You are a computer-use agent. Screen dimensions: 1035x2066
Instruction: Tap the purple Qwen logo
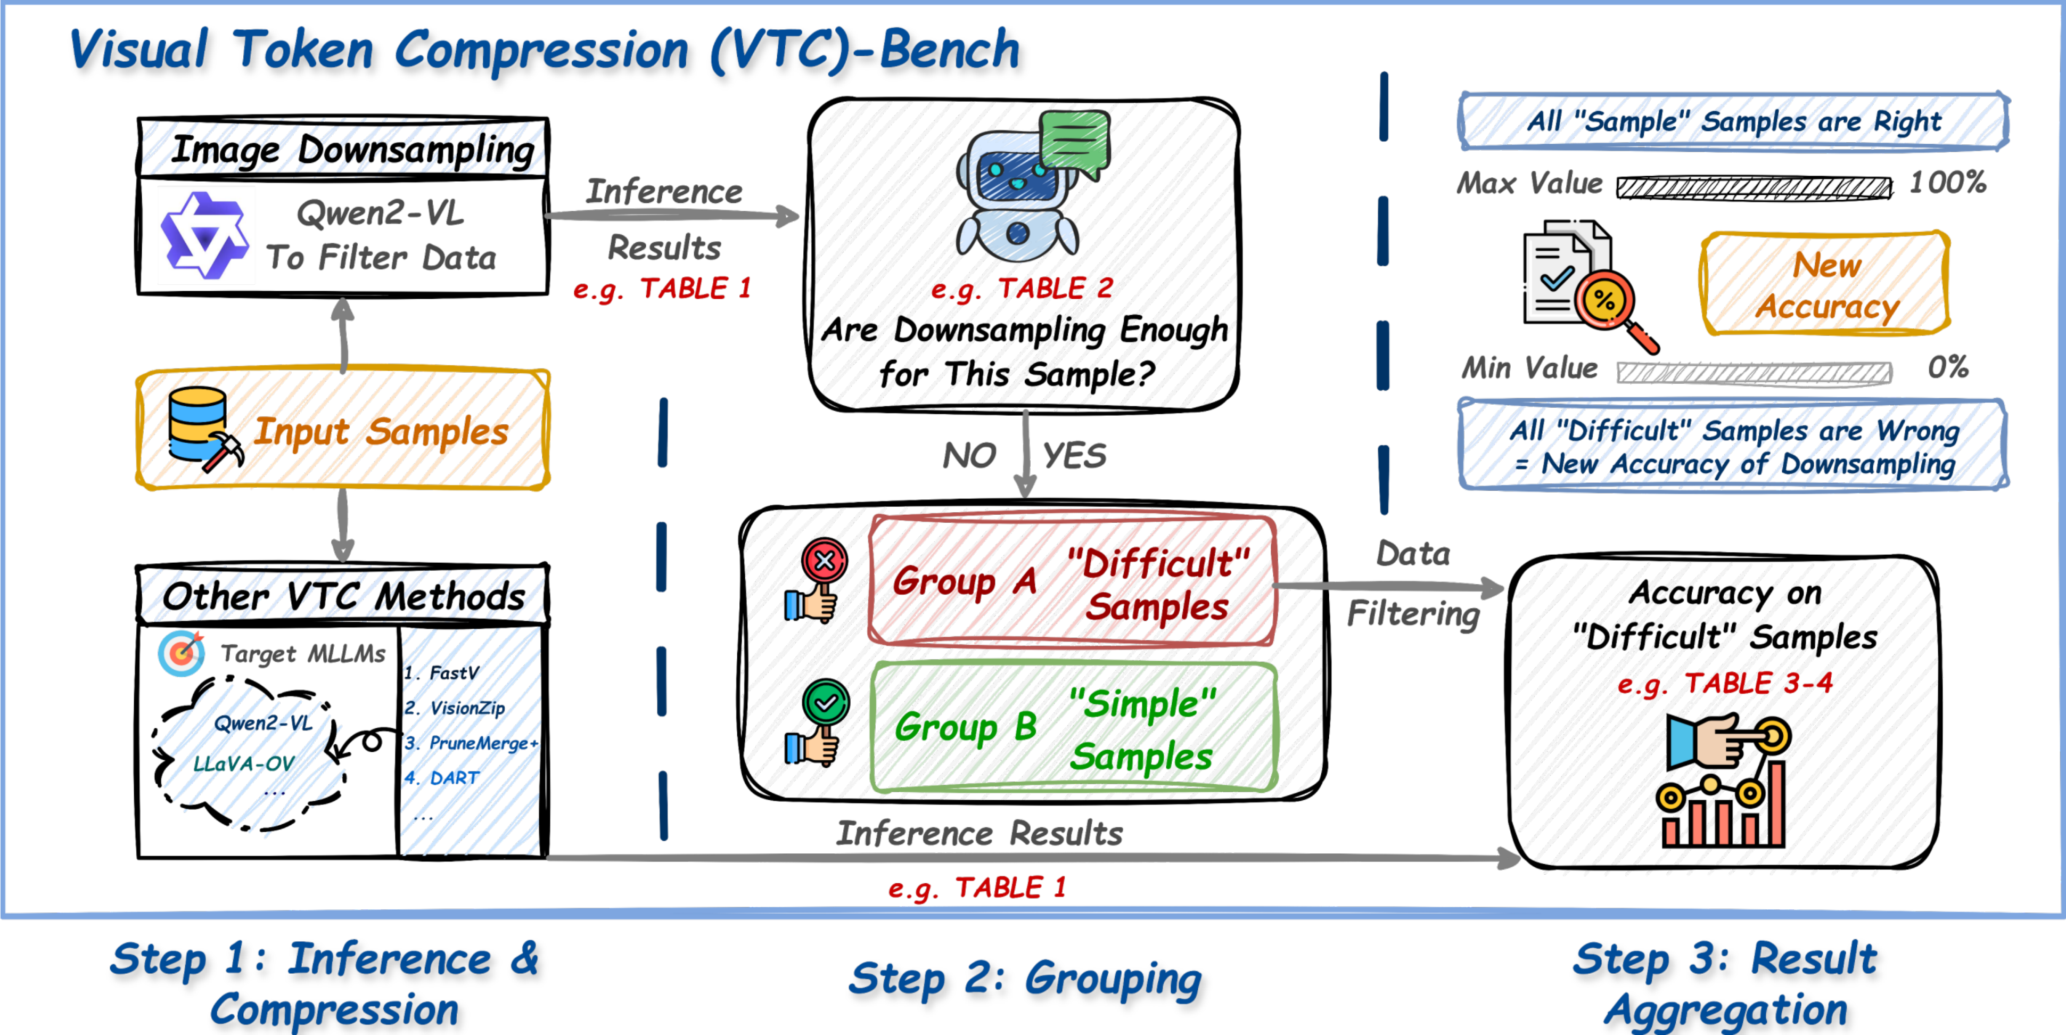pyautogui.click(x=204, y=235)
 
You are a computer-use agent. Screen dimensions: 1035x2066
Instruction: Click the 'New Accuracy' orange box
pyautogui.click(x=1825, y=284)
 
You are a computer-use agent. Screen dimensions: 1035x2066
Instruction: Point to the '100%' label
pyautogui.click(x=1947, y=183)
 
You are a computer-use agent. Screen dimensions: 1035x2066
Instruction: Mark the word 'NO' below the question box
pyautogui.click(x=969, y=456)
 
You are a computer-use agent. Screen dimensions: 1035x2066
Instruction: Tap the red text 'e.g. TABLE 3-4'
pyautogui.click(x=1724, y=684)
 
